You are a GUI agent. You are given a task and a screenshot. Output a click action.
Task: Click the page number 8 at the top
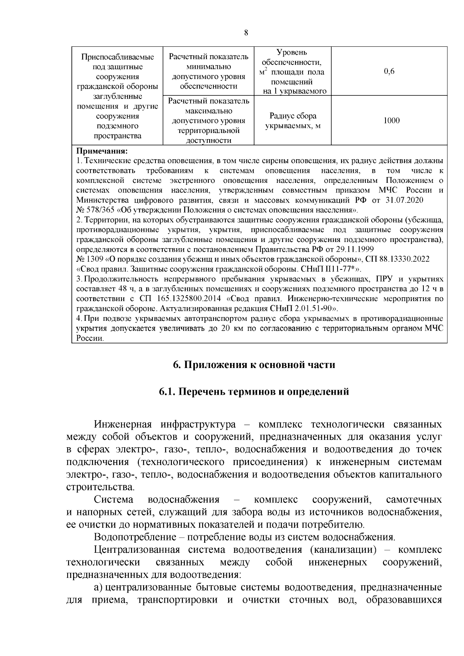pyautogui.click(x=246, y=32)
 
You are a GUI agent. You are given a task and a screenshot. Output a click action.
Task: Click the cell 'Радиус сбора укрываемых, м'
pyautogui.click(x=293, y=121)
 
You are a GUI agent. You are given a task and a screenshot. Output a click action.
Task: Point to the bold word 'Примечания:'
pyautogui.click(x=102, y=151)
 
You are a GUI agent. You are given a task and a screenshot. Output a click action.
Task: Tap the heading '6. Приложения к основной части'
pyautogui.click(x=254, y=365)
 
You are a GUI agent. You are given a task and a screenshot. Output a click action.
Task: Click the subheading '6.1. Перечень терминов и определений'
pyautogui.click(x=254, y=392)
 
